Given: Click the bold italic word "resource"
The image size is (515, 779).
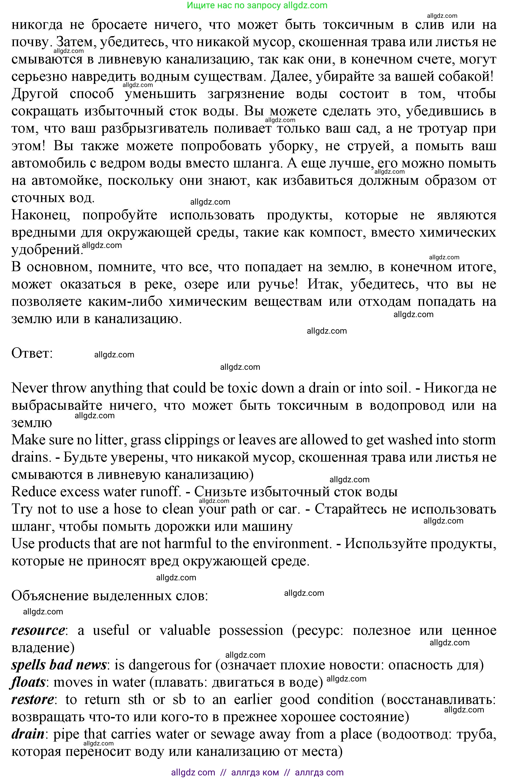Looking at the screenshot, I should (38, 631).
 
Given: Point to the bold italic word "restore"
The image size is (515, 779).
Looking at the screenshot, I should (33, 700).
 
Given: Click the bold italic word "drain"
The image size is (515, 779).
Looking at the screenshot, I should (28, 734).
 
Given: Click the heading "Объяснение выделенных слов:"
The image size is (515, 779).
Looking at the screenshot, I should (110, 596).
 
